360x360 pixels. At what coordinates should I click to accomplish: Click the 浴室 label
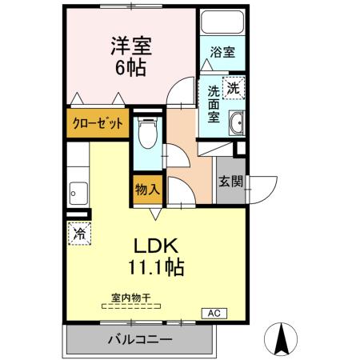tap(222, 54)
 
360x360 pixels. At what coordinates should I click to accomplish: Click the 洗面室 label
tap(214, 102)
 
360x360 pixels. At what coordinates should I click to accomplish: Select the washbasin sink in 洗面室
tap(237, 124)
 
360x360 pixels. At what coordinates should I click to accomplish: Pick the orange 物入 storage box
tap(146, 189)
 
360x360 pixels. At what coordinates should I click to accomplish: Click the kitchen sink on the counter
tap(77, 192)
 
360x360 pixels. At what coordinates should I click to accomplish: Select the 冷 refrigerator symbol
tap(79, 234)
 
